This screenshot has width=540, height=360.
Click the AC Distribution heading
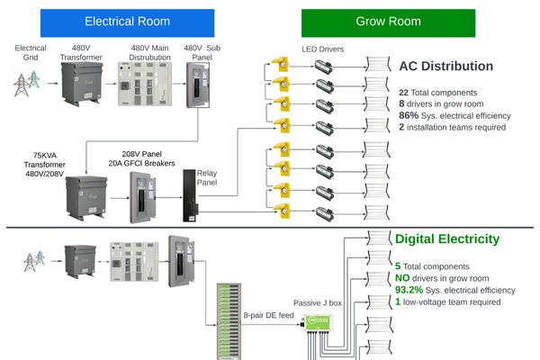pyautogui.click(x=445, y=66)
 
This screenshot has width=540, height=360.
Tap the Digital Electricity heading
pyautogui.click(x=447, y=239)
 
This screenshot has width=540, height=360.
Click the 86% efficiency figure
pyautogui.click(x=409, y=116)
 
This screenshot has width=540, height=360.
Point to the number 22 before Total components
pyautogui.click(x=403, y=93)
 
